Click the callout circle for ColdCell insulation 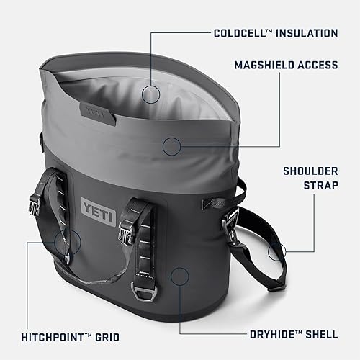coord(150,93)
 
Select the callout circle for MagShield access coord(171,147)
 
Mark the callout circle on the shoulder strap coord(276,252)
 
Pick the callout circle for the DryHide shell coord(179,274)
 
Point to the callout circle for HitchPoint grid coord(63,242)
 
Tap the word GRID coord(106,336)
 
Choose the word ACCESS coord(315,66)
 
